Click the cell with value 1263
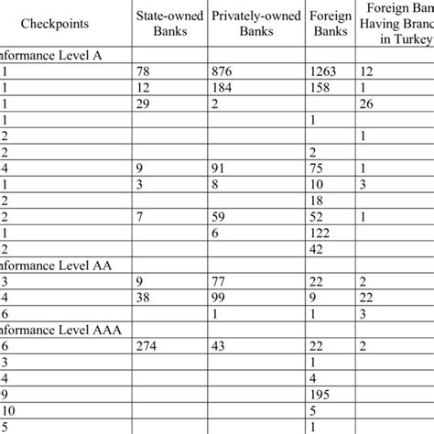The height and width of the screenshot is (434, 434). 326,70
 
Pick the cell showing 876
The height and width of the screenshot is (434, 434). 225,70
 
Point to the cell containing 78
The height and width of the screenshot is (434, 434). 144,70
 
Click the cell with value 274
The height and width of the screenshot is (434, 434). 147,346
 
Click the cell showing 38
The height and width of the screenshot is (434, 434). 144,298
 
